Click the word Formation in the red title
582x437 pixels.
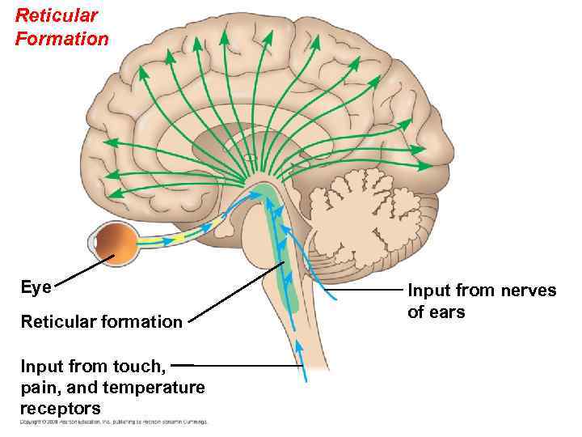[x=61, y=38]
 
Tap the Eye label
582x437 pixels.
[x=36, y=287]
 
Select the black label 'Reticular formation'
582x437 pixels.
[x=102, y=322]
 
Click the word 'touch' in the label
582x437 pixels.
[x=142, y=366]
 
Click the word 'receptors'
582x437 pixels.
[x=61, y=409]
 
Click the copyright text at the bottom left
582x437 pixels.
[x=113, y=422]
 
